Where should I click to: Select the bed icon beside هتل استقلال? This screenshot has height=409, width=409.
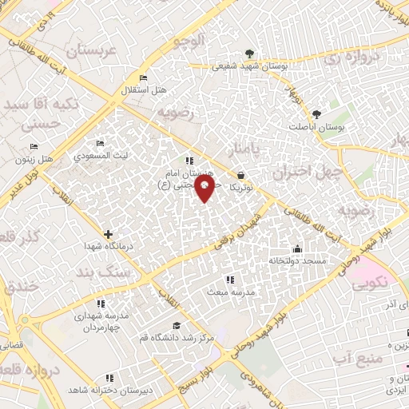click(x=143, y=77)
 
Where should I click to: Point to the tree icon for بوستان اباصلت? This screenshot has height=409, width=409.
click(x=317, y=114)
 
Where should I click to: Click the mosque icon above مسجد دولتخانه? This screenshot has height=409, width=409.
click(x=298, y=248)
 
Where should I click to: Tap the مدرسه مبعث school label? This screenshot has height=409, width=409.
click(x=231, y=292)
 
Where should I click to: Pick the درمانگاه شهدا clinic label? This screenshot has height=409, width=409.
click(x=109, y=247)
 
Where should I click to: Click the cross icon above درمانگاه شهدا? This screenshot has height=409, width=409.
click(x=109, y=234)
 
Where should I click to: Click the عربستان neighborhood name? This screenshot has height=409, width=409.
click(x=92, y=50)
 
